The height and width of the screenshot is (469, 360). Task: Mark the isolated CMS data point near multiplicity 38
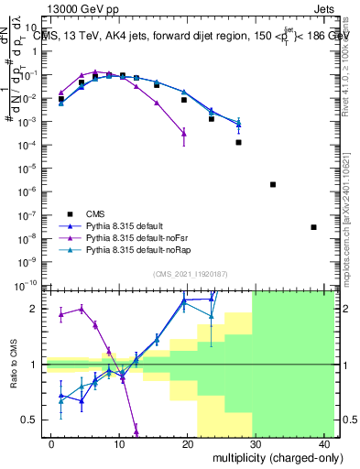click(313, 227)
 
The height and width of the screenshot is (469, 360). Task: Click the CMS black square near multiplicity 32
click(273, 184)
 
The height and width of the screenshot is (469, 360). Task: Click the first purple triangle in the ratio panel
click(61, 314)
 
